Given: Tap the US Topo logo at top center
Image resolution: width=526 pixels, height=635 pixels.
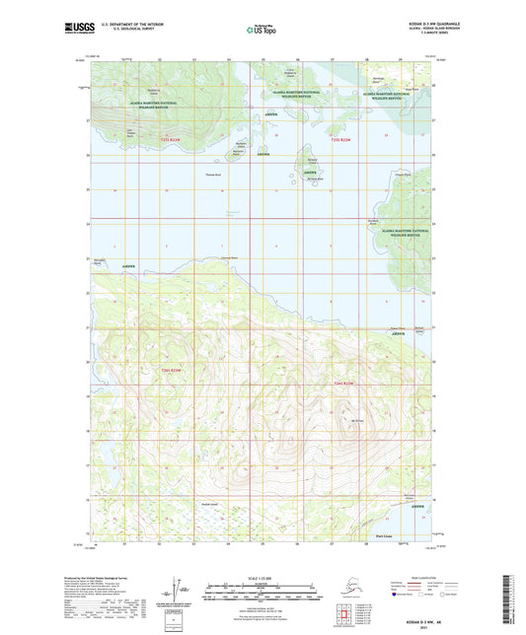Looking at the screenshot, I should [262, 30].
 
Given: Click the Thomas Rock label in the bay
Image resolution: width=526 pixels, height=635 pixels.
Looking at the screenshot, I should [214, 176].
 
